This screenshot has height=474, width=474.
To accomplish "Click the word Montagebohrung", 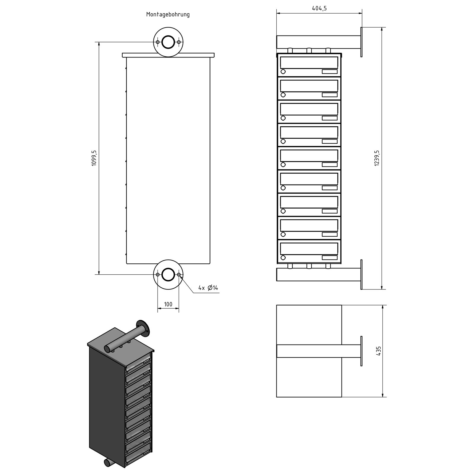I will click(168, 14).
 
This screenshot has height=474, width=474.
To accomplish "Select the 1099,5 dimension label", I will click(94, 158).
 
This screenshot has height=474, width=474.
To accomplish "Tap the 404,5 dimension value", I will click(319, 8).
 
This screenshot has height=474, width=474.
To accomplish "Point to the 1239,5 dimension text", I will click(377, 158).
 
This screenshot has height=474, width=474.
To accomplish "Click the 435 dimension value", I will click(378, 351).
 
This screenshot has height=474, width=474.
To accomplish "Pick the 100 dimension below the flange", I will click(168, 304).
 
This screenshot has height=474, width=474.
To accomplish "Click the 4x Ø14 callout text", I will click(208, 288).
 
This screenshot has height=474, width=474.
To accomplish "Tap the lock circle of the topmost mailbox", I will click(283, 71).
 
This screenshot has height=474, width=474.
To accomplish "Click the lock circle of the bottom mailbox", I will click(283, 257).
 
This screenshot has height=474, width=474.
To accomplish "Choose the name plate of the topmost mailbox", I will click(329, 71).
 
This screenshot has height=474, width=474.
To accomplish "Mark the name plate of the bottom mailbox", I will click(329, 257).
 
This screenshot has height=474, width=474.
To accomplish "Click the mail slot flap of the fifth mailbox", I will click(309, 156).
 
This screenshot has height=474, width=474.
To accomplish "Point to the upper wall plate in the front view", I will click(361, 42).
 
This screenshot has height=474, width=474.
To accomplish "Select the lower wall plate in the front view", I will click(361, 275).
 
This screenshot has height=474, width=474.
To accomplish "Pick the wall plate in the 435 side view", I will click(361, 351).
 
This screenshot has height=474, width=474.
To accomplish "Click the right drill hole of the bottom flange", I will click(179, 275).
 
